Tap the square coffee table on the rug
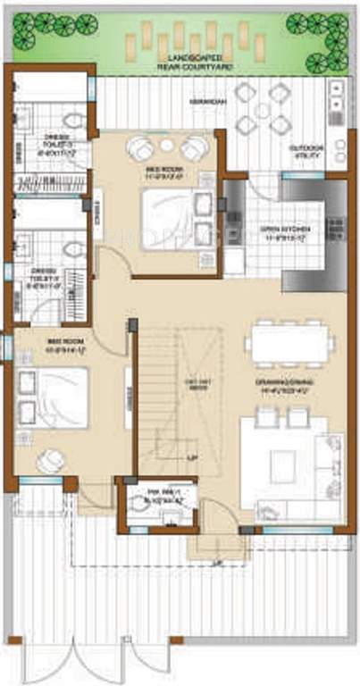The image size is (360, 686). (283, 462)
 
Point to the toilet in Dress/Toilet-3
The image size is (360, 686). (74, 120)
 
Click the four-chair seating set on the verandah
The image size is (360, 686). (266, 107)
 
